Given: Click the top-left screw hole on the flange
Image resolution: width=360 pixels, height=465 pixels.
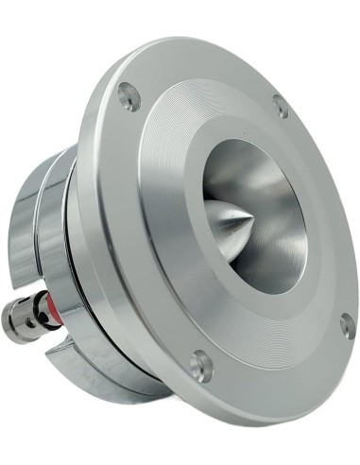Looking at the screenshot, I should [x=128, y=96].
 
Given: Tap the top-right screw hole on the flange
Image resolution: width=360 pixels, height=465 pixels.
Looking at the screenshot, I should [x=281, y=107].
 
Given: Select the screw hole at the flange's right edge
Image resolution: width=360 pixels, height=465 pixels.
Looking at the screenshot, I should [x=347, y=325].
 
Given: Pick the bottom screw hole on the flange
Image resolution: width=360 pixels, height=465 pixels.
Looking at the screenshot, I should [x=200, y=365].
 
